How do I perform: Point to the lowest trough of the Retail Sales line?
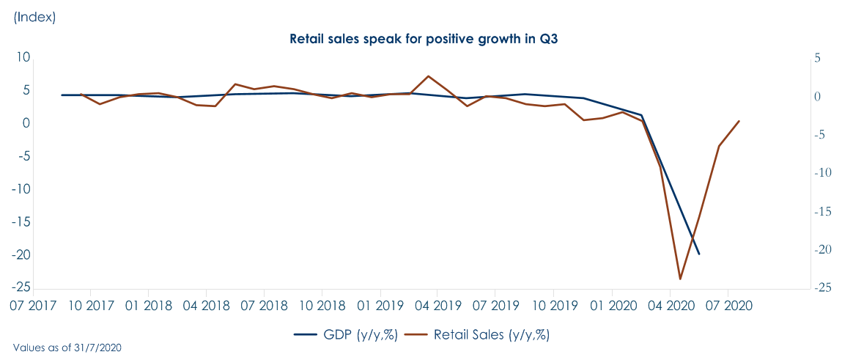[680, 279]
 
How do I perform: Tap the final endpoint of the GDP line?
[699, 254]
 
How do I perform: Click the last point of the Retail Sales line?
[739, 121]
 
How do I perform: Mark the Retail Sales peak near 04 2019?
[429, 76]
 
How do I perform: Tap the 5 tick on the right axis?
[817, 58]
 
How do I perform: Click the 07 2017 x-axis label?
[32, 303]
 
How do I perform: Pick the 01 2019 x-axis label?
[380, 303]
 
